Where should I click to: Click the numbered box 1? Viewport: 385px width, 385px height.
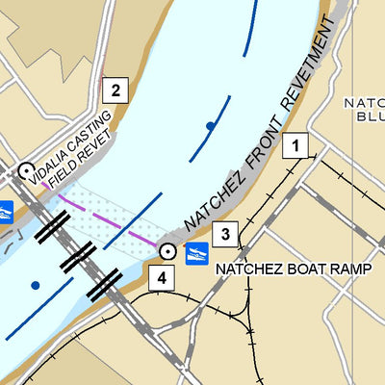tap(296, 146)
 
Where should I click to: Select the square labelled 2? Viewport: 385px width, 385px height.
tap(115, 91)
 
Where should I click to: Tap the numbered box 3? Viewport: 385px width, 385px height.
tap(224, 232)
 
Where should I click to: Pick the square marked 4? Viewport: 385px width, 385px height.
tap(162, 278)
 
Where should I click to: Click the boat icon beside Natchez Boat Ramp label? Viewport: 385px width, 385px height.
tap(196, 254)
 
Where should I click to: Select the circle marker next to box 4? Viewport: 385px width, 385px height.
tap(168, 252)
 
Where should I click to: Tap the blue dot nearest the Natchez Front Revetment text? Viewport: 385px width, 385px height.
tap(210, 126)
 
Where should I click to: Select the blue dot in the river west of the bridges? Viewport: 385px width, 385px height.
tap(36, 285)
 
